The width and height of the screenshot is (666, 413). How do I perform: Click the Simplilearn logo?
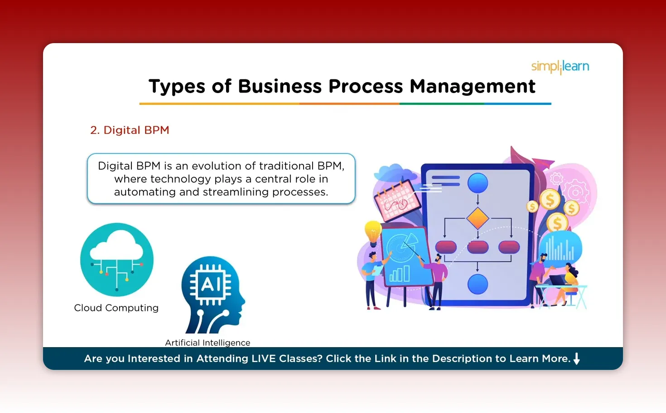click(x=560, y=67)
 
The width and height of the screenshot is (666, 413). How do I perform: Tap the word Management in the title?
click(x=472, y=86)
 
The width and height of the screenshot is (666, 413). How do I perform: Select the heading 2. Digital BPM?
click(x=130, y=130)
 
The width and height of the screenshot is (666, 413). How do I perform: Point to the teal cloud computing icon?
click(x=117, y=259)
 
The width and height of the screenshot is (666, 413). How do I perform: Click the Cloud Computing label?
click(x=116, y=308)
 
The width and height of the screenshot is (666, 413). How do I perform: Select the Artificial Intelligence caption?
click(x=208, y=343)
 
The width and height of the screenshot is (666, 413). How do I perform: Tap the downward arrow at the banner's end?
click(x=576, y=359)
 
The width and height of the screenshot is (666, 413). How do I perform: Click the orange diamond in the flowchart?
click(x=478, y=218)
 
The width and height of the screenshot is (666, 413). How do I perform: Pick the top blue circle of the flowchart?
click(x=478, y=183)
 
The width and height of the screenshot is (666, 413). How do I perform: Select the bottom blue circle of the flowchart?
click(x=478, y=285)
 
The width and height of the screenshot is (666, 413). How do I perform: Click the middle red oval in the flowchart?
click(x=478, y=247)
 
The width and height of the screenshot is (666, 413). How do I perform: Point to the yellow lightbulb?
click(x=373, y=232)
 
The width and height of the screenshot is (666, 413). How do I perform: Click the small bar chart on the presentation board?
click(x=400, y=274)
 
